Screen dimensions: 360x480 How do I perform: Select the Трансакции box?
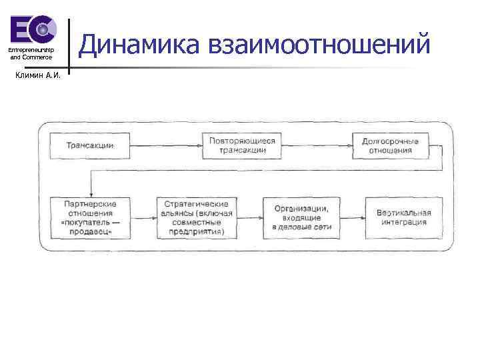tap(90, 145)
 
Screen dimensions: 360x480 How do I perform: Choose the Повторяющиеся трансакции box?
tap(242, 145)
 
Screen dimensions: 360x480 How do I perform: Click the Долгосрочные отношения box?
tap(391, 145)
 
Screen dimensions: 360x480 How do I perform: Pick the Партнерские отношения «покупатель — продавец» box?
tap(90, 218)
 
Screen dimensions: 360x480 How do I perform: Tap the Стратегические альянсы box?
tap(193, 218)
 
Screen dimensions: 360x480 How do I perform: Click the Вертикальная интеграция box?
tap(403, 218)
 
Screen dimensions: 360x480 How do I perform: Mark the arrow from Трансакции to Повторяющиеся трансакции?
tap(166, 145)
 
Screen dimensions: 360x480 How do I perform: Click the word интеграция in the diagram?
tap(404, 222)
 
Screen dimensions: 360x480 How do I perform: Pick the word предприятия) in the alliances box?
tap(193, 232)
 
